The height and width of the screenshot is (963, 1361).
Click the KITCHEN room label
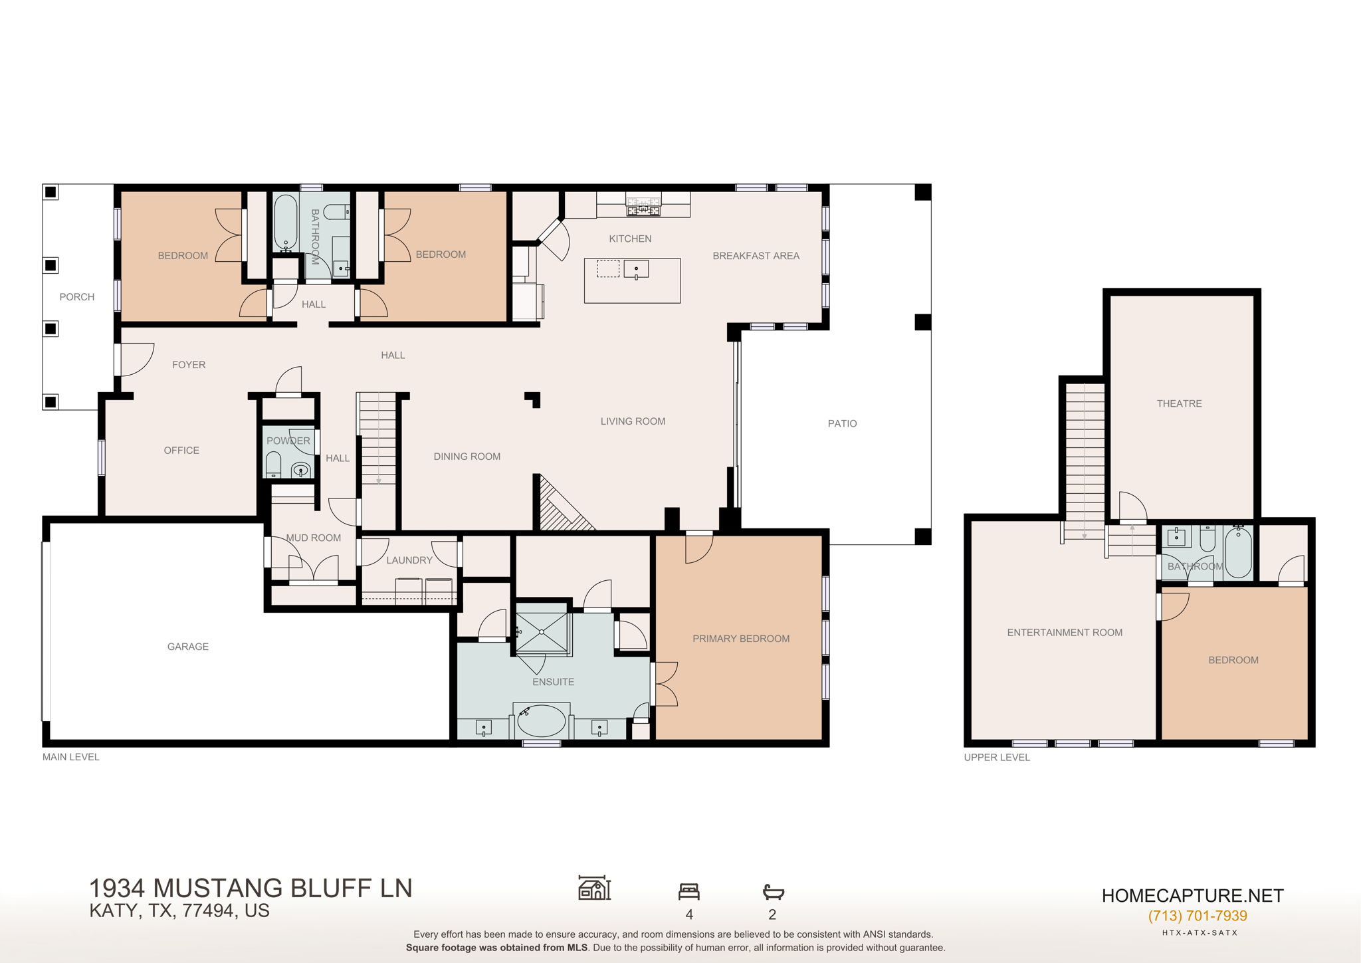[x=630, y=239]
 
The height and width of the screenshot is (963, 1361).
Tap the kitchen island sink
[x=636, y=269]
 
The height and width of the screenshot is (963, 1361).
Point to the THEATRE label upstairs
[x=1179, y=403]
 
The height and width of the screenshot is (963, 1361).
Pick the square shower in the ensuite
[x=542, y=633]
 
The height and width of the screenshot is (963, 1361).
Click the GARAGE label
[x=187, y=647]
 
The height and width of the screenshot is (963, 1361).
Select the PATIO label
[x=842, y=423]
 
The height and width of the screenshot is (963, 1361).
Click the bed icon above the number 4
[x=688, y=891]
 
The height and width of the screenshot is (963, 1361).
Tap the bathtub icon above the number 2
[x=773, y=892]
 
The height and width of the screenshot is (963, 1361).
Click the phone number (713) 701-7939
[x=1197, y=916]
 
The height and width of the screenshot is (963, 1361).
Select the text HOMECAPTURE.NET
[x=1192, y=896]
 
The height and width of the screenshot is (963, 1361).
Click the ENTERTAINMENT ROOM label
[x=1065, y=633]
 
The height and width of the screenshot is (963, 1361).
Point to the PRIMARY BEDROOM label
[x=741, y=639]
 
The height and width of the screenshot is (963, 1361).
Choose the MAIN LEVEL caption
[x=71, y=757]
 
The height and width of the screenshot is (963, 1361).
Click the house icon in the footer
[x=594, y=888]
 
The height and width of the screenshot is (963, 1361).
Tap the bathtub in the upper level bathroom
[x=1237, y=552]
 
